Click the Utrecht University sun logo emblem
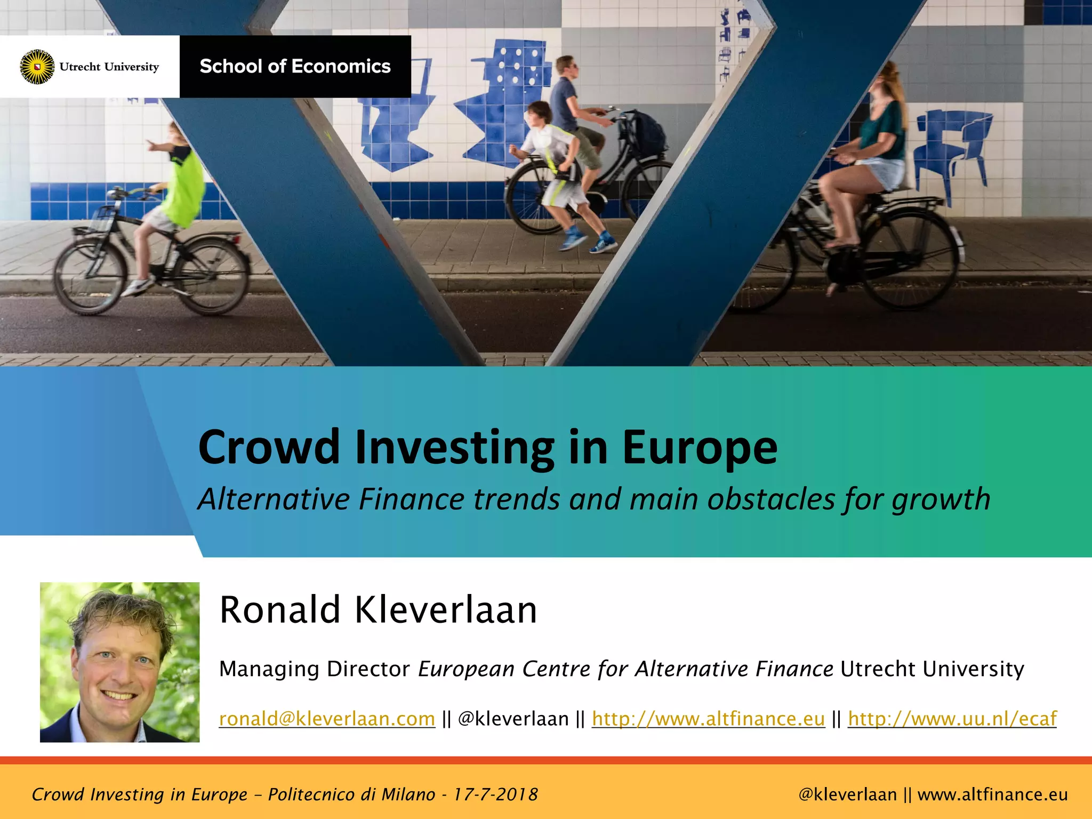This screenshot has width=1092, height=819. coord(37,67)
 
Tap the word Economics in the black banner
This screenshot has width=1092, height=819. coord(341,66)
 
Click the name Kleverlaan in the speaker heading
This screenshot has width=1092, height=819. coord(446,609)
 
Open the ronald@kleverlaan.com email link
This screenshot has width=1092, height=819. coord(327,719)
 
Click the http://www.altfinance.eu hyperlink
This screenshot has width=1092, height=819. coord(708,719)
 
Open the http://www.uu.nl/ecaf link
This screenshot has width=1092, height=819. coord(952,719)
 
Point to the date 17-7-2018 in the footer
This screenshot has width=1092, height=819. coord(495,794)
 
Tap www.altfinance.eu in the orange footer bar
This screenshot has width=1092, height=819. coord(992,794)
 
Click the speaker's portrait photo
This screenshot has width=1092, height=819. coord(119,662)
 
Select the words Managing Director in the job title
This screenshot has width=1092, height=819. coord(314,669)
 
